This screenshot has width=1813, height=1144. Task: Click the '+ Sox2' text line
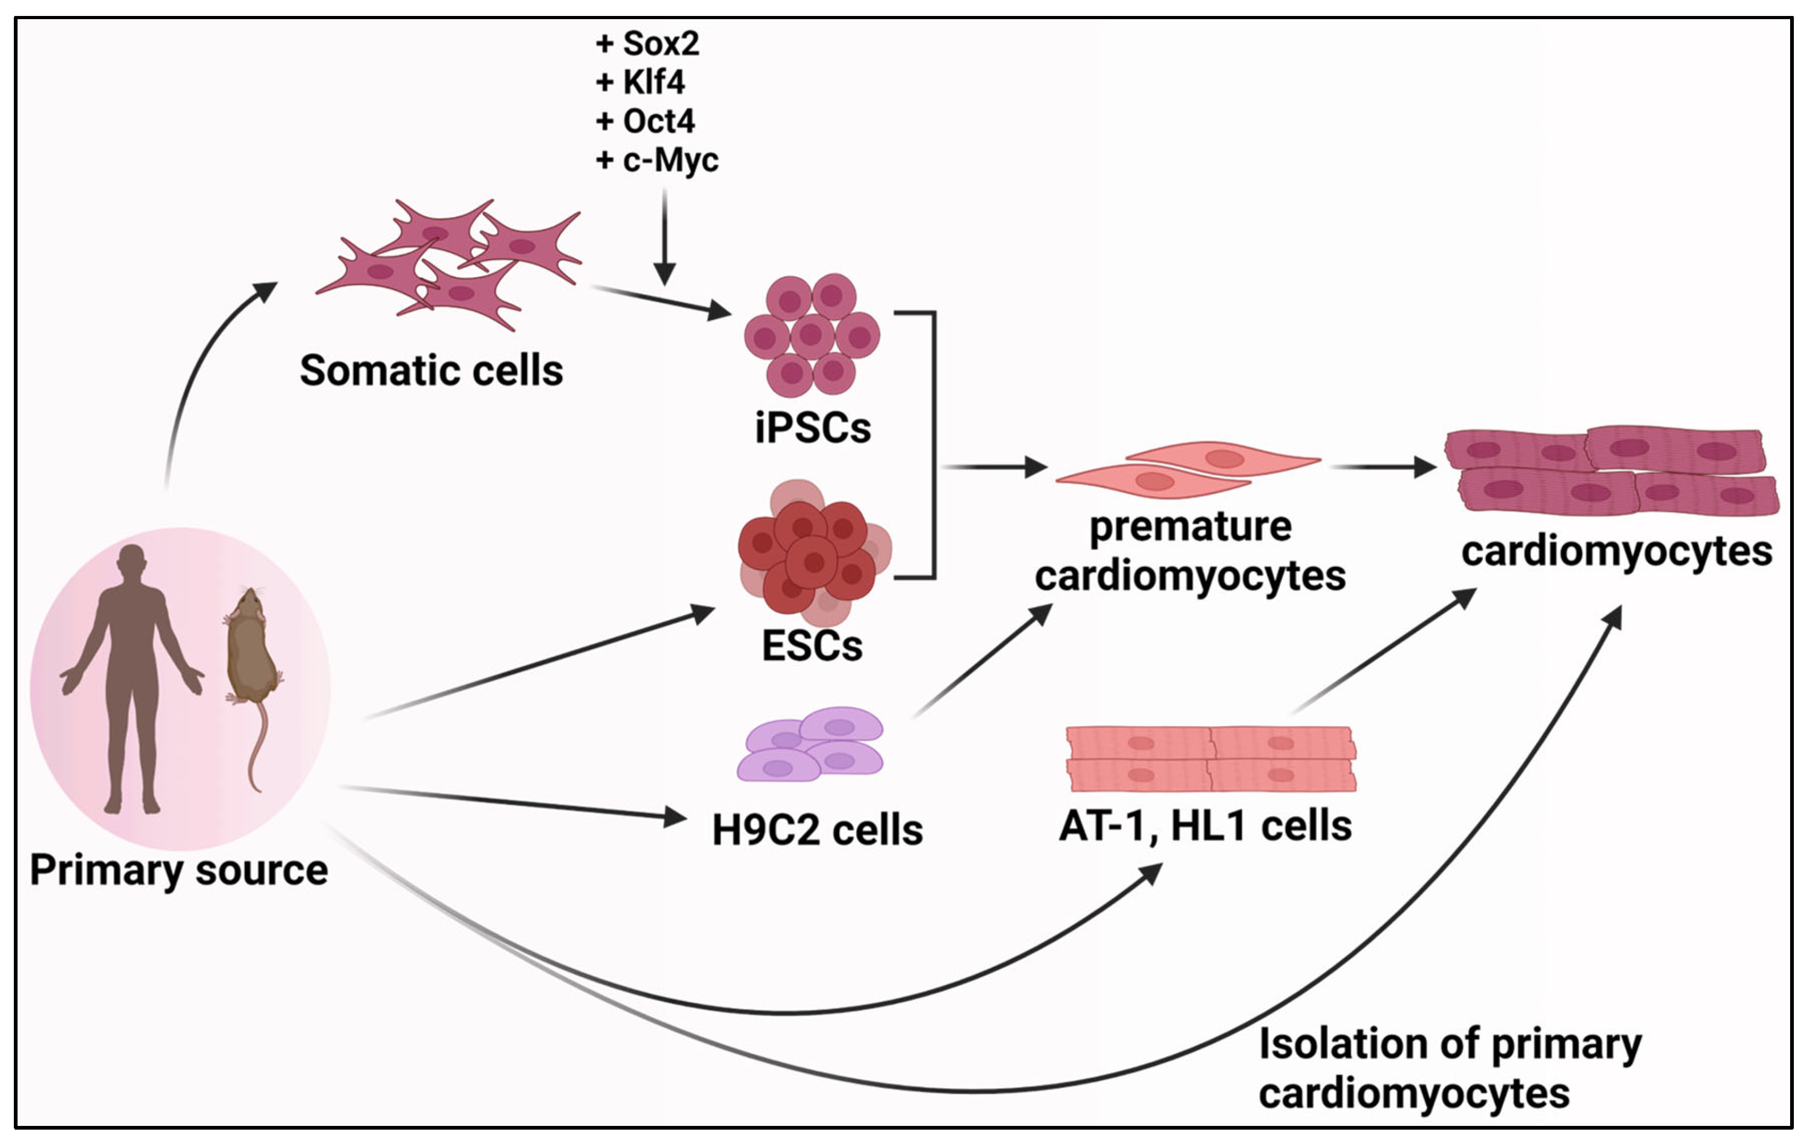pos(648,44)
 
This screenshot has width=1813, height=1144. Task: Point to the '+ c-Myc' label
pos(656,160)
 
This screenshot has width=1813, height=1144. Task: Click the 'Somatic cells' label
pos(431,370)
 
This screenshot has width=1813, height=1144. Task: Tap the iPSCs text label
pos(813,428)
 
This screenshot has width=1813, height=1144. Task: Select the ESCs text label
pos(813,646)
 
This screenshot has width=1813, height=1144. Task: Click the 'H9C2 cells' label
pos(817,830)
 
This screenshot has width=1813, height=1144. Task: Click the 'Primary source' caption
pos(179,870)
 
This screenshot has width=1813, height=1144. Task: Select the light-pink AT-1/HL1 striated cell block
pos(1210,759)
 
